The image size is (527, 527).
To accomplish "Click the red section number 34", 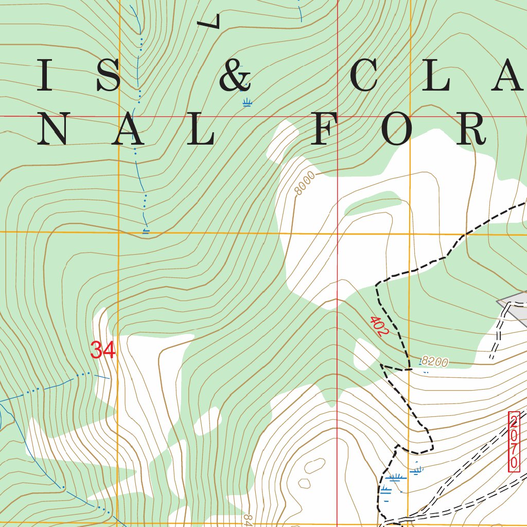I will tap(103, 350).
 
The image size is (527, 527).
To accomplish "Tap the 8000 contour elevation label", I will tap(305, 184).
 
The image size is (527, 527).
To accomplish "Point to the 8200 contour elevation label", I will tap(434, 362).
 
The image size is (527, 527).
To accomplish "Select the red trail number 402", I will tap(378, 326).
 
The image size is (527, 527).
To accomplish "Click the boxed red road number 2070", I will tap(514, 442).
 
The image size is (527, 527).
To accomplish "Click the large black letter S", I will tap(109, 76).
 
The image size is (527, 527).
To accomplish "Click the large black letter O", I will tap(397, 128).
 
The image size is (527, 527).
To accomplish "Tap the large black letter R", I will tap(469, 128).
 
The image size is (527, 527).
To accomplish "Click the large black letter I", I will tap(45, 76).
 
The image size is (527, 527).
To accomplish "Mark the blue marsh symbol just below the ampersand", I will tap(247, 102).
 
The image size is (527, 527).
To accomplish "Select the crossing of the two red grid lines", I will tap(337, 117).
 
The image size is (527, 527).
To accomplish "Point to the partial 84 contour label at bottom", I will tap(248, 518).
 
